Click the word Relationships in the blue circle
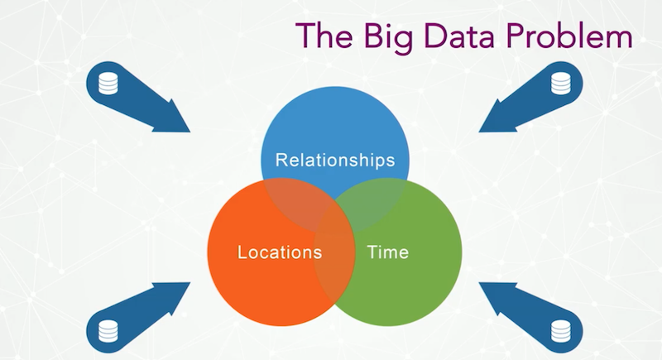[x=335, y=161]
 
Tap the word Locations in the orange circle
[x=280, y=252]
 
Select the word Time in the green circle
[x=388, y=252]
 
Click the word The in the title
[x=324, y=35]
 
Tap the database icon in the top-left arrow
[x=108, y=83]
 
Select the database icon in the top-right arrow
[x=561, y=83]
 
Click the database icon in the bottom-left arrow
[x=108, y=331]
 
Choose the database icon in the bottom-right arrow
[x=561, y=331]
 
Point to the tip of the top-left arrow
[x=190, y=132]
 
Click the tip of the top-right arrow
[x=479, y=132]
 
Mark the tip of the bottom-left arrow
[x=190, y=283]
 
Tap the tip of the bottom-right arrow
[x=479, y=283]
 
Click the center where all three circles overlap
[x=335, y=215]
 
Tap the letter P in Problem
[x=516, y=35]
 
